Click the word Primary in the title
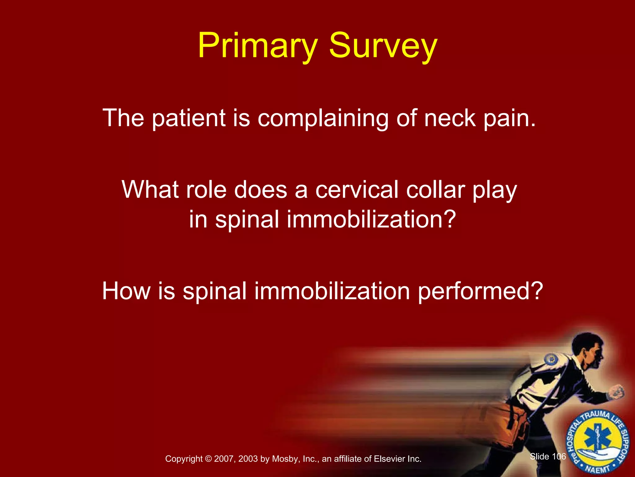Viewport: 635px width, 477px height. pyautogui.click(x=258, y=46)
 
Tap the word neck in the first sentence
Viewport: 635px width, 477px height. pyautogui.click(x=450, y=118)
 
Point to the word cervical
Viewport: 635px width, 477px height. pyautogui.click(x=357, y=190)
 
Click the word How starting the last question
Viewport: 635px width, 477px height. pyautogui.click(x=126, y=291)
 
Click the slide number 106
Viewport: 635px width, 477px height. pyautogui.click(x=559, y=457)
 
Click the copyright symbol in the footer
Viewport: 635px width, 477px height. pyautogui.click(x=208, y=459)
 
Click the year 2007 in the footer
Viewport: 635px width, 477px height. pyautogui.click(x=224, y=459)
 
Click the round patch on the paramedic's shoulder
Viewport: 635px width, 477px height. pyautogui.click(x=551, y=360)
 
